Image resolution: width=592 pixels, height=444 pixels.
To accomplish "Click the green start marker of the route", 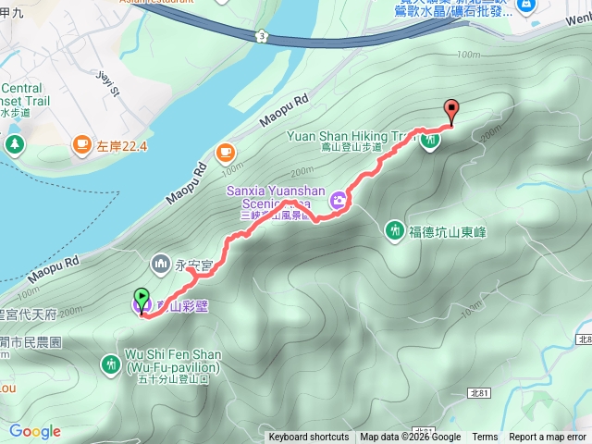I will (142, 299).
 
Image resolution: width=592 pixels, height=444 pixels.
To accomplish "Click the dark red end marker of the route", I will (451, 108).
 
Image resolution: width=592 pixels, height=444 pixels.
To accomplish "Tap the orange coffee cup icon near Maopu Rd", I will (225, 152).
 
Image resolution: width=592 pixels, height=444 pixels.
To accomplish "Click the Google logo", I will (35, 431).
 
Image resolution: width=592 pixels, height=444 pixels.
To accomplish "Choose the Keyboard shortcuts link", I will (309, 438).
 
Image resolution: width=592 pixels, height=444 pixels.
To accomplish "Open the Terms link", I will (485, 438).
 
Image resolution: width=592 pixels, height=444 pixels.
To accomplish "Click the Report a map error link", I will (548, 438).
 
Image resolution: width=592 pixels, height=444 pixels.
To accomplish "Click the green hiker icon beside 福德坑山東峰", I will (395, 229).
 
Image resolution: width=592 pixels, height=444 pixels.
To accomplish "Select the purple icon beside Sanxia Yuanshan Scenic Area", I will (339, 198).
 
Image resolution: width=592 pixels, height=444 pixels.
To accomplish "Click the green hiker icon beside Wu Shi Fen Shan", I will (110, 362).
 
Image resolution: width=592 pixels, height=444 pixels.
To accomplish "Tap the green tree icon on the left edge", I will (14, 143).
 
